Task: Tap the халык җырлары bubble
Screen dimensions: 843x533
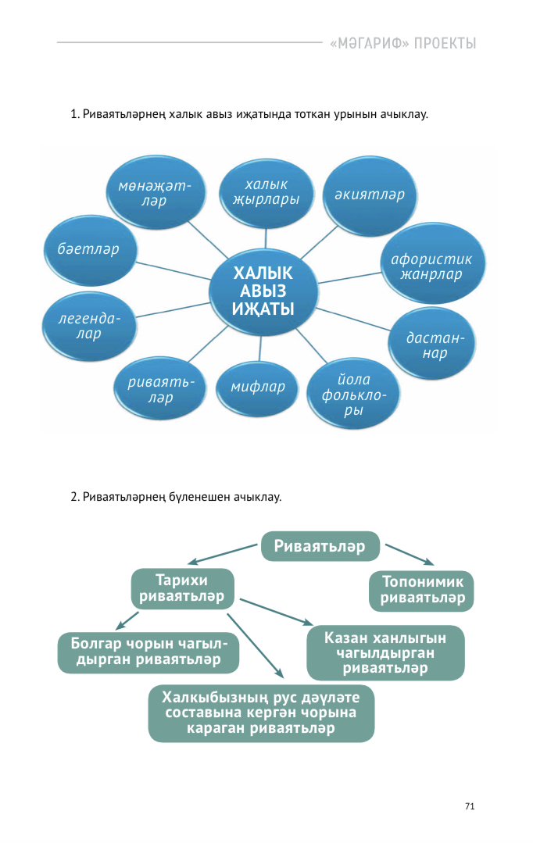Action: (x=266, y=192)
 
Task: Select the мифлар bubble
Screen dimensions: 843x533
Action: (x=258, y=387)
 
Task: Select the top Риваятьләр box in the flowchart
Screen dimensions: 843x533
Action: (x=320, y=546)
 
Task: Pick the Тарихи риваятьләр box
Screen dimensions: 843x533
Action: (x=181, y=588)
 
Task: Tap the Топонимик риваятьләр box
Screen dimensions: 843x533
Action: (x=422, y=591)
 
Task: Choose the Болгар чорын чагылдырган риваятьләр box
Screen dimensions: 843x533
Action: (x=148, y=652)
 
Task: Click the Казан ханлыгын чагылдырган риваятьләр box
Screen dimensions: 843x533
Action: (x=385, y=652)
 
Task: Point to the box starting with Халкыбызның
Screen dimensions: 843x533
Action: (x=261, y=713)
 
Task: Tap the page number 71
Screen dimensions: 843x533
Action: (x=469, y=806)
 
